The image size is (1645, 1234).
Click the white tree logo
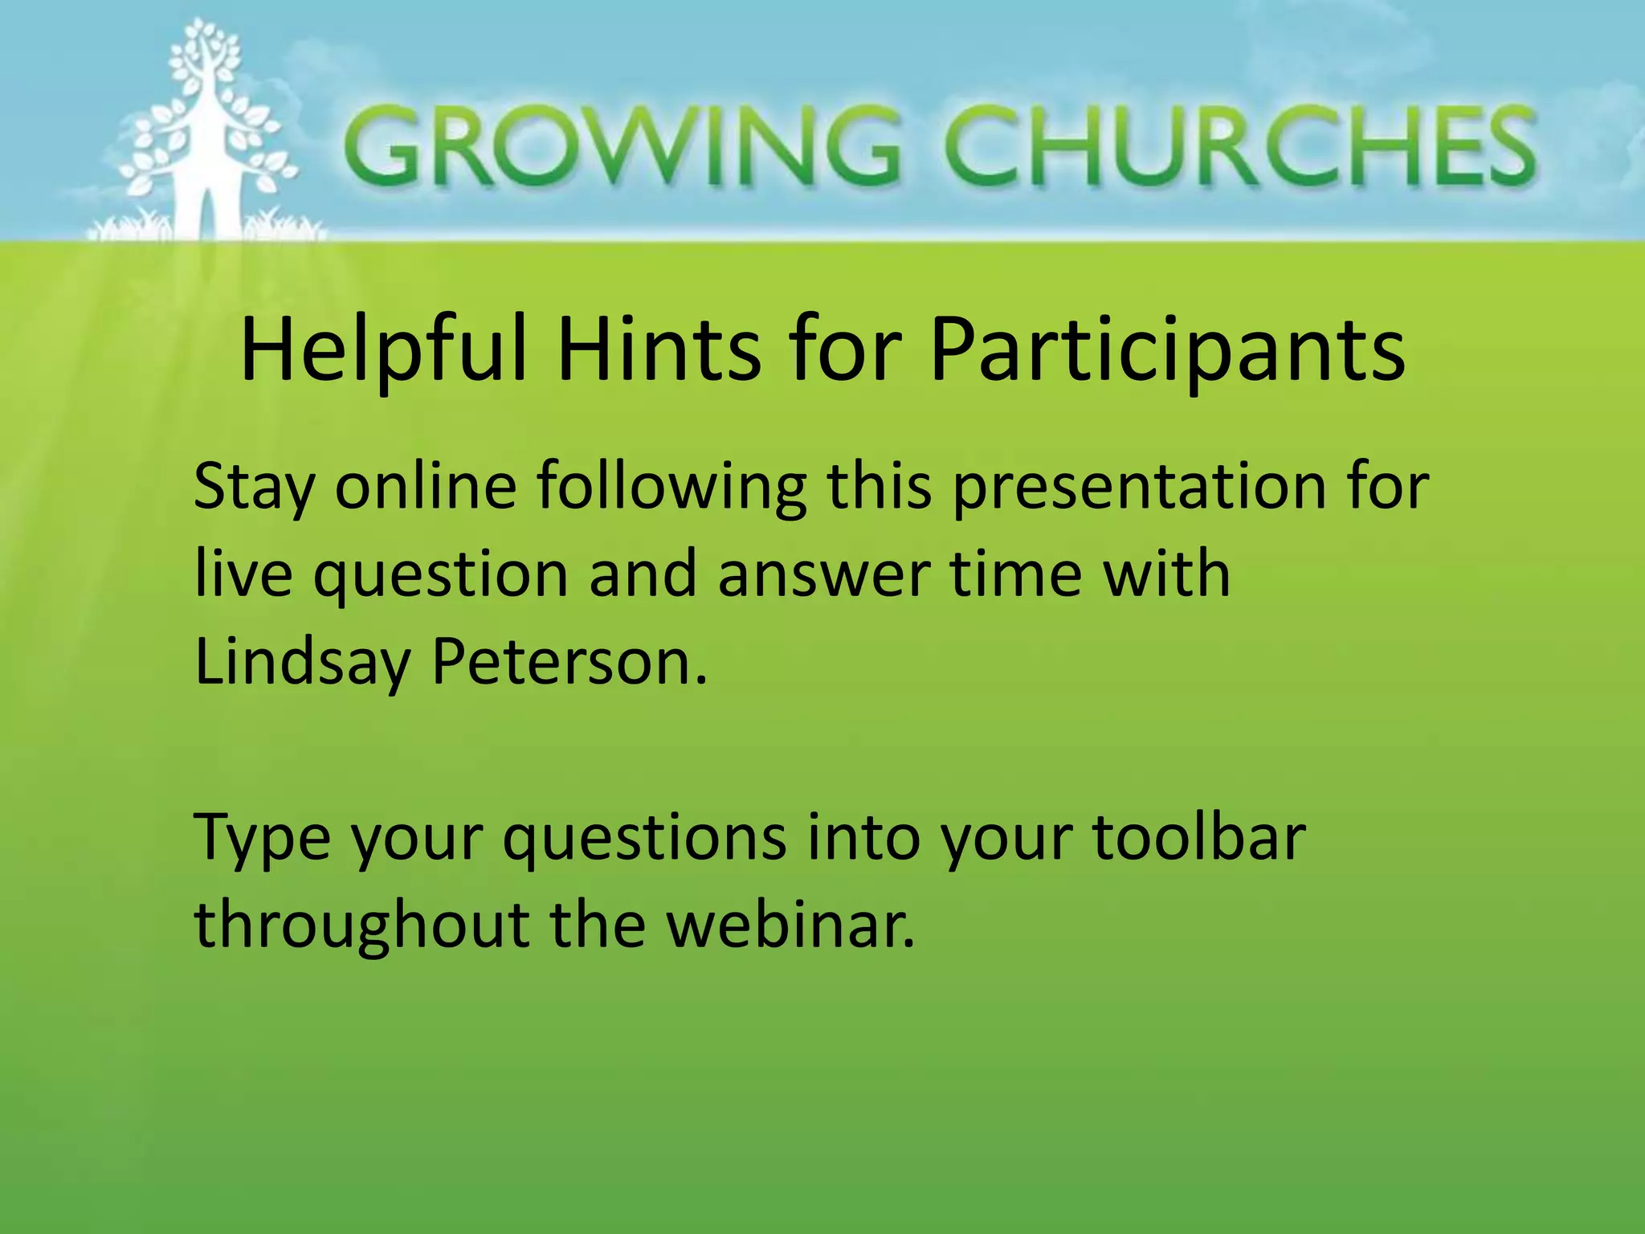tap(205, 133)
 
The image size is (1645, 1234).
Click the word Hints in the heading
tap(659, 349)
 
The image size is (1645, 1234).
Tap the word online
tap(426, 485)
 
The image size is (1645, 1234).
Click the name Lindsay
tap(301, 664)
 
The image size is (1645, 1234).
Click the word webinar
tap(790, 924)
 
